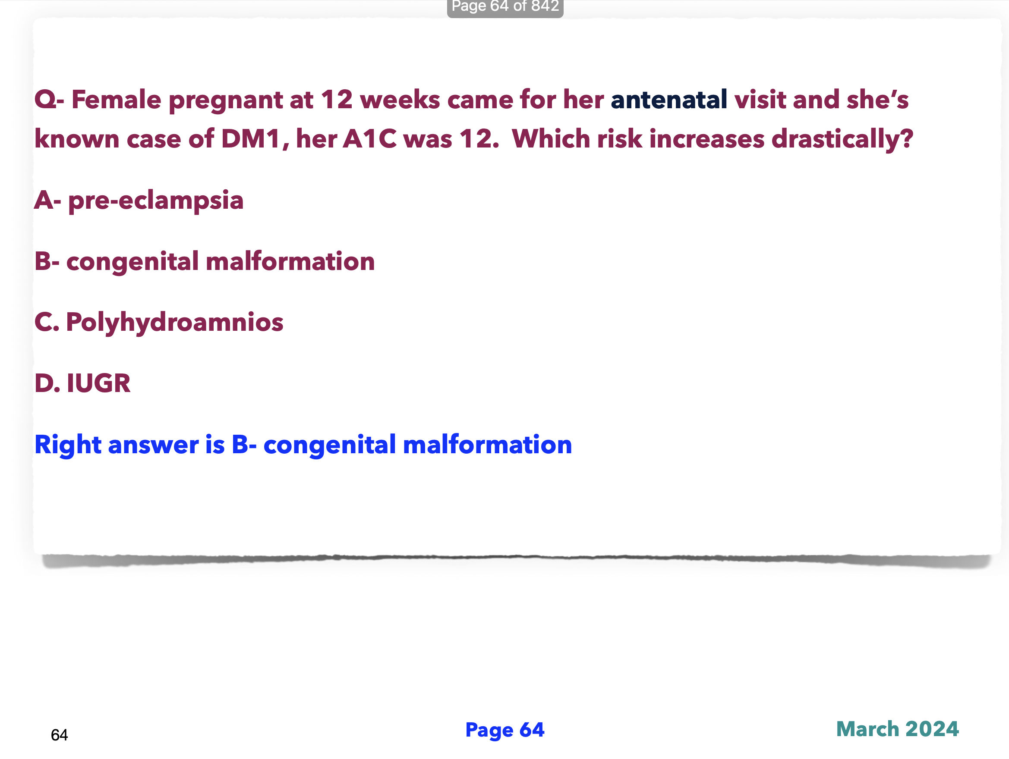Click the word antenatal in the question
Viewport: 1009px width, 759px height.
669,99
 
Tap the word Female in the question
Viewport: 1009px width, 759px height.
117,99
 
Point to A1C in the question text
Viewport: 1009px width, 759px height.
369,138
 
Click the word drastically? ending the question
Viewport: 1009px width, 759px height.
842,138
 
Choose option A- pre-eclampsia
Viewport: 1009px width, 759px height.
139,201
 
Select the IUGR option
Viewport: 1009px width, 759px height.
98,383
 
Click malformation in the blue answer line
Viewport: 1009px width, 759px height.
488,445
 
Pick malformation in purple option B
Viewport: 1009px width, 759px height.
290,262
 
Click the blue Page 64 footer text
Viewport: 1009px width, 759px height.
504,729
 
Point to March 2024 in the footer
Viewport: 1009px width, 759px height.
897,728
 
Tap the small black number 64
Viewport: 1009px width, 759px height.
59,735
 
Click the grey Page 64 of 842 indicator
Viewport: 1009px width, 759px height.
505,7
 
